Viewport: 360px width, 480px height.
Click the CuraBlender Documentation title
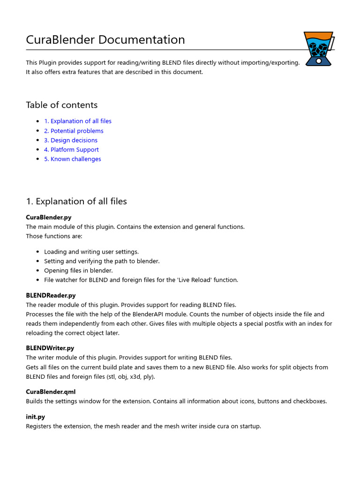(x=105, y=40)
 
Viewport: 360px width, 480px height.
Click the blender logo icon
(x=318, y=48)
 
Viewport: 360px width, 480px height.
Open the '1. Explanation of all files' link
(x=78, y=121)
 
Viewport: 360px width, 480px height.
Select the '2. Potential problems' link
(x=74, y=131)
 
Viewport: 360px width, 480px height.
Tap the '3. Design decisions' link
(x=71, y=140)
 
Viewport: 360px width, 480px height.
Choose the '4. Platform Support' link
(x=71, y=150)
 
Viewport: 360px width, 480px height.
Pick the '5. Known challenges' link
(x=73, y=159)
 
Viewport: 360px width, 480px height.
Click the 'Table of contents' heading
(x=62, y=105)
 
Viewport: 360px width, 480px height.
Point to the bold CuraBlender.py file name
(x=49, y=217)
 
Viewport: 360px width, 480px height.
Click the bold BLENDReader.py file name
(x=51, y=296)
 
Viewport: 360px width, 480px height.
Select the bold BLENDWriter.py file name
(x=50, y=348)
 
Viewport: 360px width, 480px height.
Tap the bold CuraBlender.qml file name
(x=51, y=391)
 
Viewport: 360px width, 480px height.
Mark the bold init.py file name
(x=36, y=417)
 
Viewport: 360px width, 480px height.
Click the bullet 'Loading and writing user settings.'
(x=91, y=252)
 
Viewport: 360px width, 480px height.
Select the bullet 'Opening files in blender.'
(x=78, y=270)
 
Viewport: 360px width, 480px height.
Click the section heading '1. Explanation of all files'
(x=76, y=202)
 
